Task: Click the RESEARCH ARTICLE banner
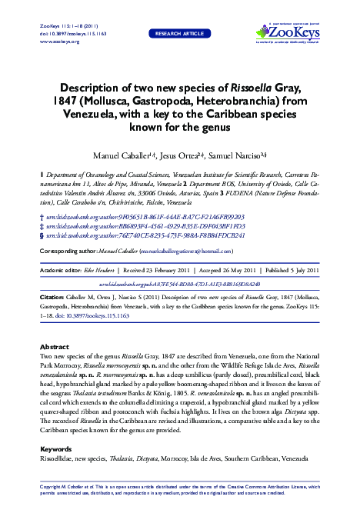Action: (x=179, y=34)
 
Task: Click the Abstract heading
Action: (x=54, y=348)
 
